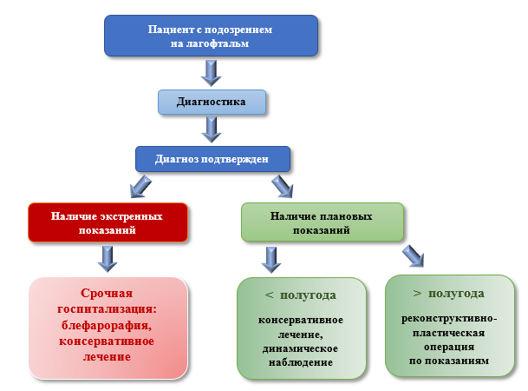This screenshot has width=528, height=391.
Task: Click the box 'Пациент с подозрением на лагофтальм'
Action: tap(211, 36)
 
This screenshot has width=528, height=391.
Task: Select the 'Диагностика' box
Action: tap(211, 102)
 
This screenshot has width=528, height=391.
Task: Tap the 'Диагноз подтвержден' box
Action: tap(212, 159)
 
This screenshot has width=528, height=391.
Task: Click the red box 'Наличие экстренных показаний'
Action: tap(108, 222)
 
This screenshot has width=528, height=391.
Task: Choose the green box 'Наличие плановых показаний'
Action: tap(322, 222)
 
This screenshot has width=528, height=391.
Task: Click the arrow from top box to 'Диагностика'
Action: tap(211, 70)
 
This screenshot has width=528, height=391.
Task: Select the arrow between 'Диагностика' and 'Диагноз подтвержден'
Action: tap(211, 129)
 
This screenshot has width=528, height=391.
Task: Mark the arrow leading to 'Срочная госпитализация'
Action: tap(108, 258)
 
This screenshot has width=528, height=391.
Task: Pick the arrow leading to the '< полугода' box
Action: tap(271, 259)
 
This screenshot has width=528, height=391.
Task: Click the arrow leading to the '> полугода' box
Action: tap(414, 255)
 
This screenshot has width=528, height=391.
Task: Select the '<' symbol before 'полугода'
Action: tap(269, 295)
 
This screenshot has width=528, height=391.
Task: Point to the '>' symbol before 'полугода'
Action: tap(417, 293)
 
